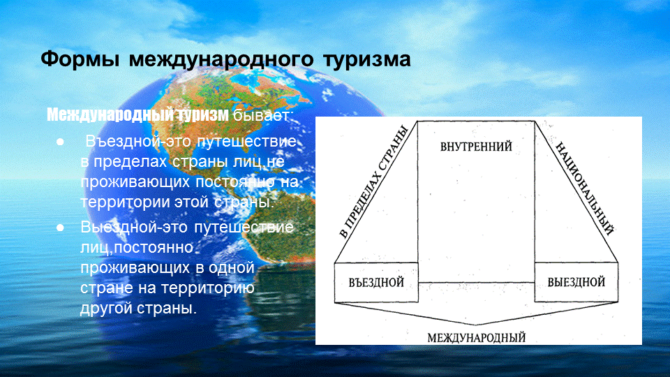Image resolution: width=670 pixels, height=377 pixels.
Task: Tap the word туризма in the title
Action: tap(366, 59)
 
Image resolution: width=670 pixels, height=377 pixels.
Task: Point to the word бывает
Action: tap(263, 114)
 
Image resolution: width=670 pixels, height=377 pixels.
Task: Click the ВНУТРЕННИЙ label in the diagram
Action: tap(477, 147)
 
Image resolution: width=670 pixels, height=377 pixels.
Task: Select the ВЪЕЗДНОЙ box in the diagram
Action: tap(376, 282)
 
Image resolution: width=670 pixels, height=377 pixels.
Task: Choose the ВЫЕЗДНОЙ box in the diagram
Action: tap(576, 282)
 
